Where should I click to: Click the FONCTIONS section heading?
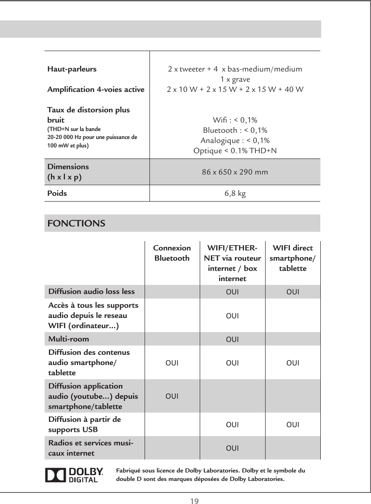pos(76,223)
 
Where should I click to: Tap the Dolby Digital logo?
pos(74,475)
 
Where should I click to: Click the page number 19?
pos(194,501)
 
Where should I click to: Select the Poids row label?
pos(57,194)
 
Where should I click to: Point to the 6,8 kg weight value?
pos(235,194)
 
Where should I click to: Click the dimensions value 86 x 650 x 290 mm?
pos(235,171)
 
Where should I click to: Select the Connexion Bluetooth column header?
pos(172,253)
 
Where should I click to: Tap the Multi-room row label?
pos(69,339)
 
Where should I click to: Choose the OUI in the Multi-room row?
pos(232,340)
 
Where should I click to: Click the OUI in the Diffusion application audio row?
pos(172,395)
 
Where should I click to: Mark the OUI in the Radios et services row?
pos(232,448)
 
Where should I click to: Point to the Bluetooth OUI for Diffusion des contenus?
pos(172,363)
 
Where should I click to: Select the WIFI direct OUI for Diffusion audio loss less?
pos(292,292)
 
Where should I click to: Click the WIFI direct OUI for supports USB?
pos(292,425)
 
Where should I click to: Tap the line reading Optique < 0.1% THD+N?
pos(235,151)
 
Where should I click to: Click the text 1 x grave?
pos(235,79)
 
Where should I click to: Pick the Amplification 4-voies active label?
pos(96,89)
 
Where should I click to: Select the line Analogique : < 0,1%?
pos(235,141)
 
